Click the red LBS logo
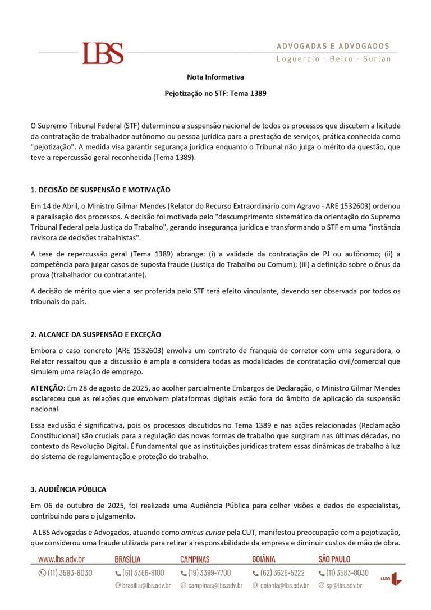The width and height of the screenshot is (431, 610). (x=103, y=53)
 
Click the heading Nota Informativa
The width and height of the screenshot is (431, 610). (x=215, y=77)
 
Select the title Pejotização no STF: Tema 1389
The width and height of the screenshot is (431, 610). (x=215, y=93)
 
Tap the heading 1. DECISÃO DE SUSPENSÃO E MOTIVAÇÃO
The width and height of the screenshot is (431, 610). (x=100, y=190)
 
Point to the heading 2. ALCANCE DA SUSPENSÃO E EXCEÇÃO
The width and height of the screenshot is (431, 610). (x=95, y=334)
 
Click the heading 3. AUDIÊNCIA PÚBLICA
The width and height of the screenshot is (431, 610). (x=68, y=489)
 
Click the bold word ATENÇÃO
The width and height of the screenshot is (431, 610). (x=48, y=388)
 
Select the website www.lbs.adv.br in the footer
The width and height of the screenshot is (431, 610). (x=61, y=559)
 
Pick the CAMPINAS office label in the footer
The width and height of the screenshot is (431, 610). (x=195, y=559)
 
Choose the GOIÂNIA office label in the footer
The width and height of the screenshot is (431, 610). (x=264, y=559)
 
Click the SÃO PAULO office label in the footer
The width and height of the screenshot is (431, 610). (x=334, y=559)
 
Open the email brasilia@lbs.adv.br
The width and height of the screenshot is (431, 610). (x=143, y=585)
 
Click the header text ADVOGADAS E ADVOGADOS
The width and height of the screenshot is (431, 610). (x=333, y=46)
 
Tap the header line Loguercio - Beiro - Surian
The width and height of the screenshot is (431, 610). (x=333, y=59)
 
